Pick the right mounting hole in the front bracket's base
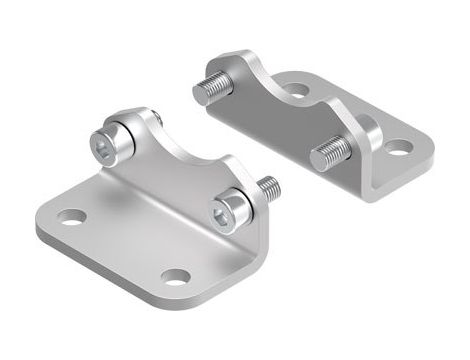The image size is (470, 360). (x=176, y=276)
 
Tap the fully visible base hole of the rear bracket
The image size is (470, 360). (x=397, y=148)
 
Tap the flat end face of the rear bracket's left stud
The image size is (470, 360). (x=198, y=91)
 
